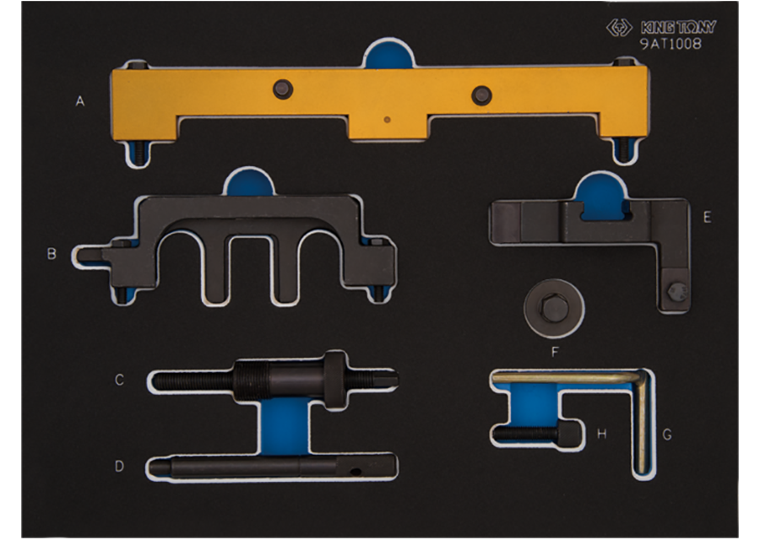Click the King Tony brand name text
678,27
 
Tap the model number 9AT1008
670,44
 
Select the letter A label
80,101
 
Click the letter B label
52,254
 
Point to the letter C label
119,380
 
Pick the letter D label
119,467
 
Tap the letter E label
707,218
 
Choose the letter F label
556,352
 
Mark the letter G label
667,435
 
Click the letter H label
601,434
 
